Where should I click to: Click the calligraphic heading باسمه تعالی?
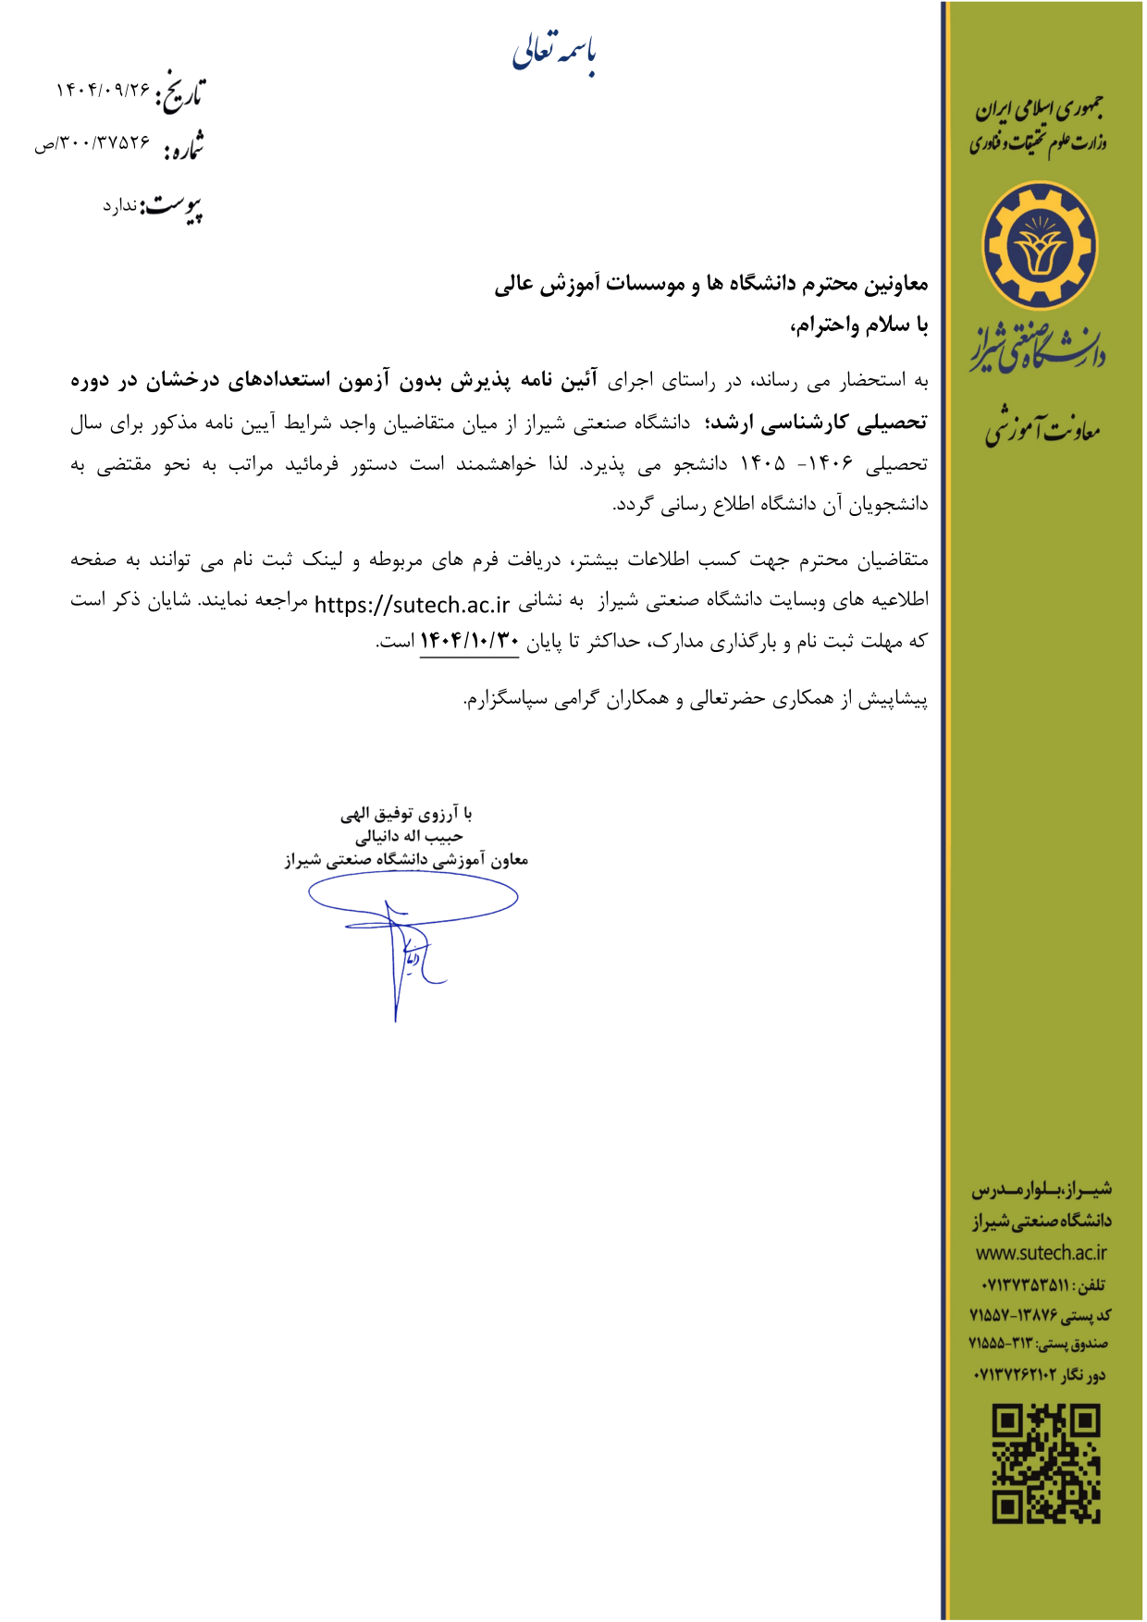pyautogui.click(x=554, y=53)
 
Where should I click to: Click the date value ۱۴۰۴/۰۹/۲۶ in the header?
pyautogui.click(x=103, y=91)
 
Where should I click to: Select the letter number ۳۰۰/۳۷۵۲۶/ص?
pyautogui.click(x=92, y=143)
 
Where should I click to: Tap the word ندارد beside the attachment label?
pyautogui.click(x=119, y=206)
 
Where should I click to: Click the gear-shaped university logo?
pyautogui.click(x=1040, y=245)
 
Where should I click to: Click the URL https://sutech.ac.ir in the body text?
pyautogui.click(x=412, y=605)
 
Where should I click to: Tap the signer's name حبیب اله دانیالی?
pyautogui.click(x=409, y=837)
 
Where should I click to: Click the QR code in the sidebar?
pyautogui.click(x=1046, y=1464)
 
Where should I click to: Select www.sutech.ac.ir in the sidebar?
pyautogui.click(x=1041, y=1253)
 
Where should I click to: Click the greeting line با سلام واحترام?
pyautogui.click(x=858, y=326)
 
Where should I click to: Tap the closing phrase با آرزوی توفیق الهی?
pyautogui.click(x=406, y=814)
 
